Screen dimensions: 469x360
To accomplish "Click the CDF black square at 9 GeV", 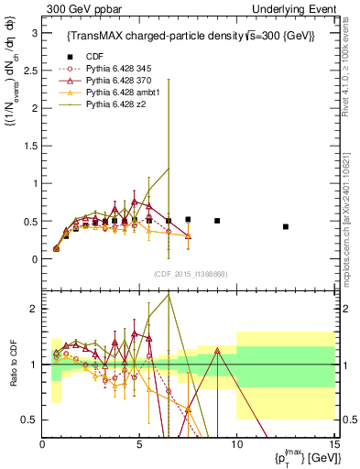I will click(x=217, y=221).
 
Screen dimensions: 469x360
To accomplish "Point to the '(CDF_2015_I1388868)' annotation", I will click(x=190, y=274).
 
